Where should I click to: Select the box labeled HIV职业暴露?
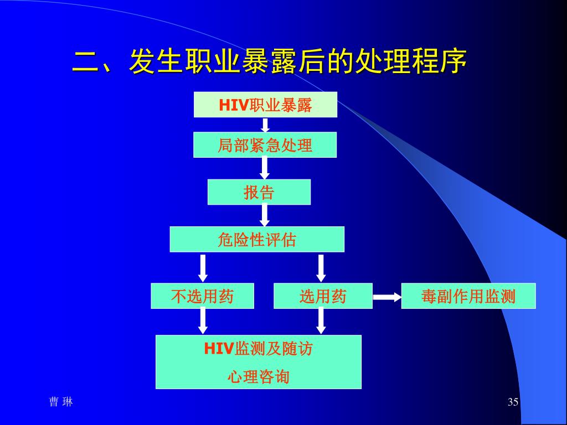coord(265,105)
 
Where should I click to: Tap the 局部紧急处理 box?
coord(265,145)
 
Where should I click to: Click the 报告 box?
coord(259,192)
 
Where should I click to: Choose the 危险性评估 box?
coord(256,240)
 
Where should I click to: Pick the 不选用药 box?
coord(202,296)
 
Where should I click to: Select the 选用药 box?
coord(323,296)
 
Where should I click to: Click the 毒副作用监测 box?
coord(468,296)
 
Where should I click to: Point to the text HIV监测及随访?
coord(258,349)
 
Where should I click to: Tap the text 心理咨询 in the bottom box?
coord(258,377)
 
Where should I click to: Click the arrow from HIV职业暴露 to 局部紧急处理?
coord(265,125)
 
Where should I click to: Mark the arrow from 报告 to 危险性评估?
coord(265,215)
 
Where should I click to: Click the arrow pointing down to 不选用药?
coord(203,268)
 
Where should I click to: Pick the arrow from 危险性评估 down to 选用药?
coord(321,268)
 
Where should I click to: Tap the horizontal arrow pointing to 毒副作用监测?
coord(386,297)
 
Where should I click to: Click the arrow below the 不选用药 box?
coord(203,321)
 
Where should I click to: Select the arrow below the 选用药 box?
coord(321,321)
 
